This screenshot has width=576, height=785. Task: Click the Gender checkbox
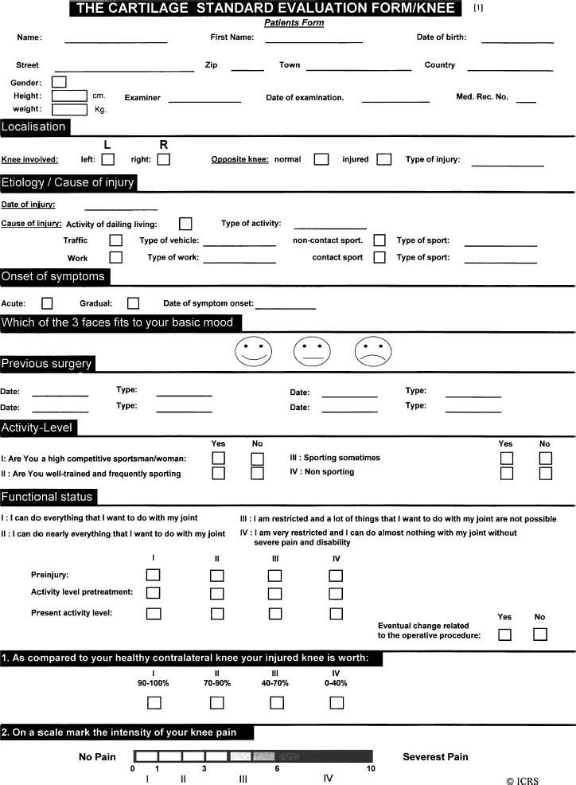pyautogui.click(x=59, y=81)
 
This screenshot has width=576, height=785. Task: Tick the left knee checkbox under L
pyautogui.click(x=108, y=159)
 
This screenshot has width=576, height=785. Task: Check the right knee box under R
pyautogui.click(x=164, y=159)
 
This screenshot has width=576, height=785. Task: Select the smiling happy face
pyautogui.click(x=253, y=352)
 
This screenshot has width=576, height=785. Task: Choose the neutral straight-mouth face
pyautogui.click(x=312, y=352)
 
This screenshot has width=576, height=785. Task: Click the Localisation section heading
pyautogui.click(x=34, y=127)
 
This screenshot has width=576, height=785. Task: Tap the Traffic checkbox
pyautogui.click(x=116, y=240)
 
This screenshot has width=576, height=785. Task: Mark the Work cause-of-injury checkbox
pyautogui.click(x=116, y=257)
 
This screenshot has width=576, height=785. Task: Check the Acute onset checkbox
pyautogui.click(x=47, y=303)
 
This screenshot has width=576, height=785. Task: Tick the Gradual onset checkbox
pyautogui.click(x=133, y=303)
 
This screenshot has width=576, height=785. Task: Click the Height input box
pyautogui.click(x=69, y=96)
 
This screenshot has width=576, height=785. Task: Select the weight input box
pyautogui.click(x=69, y=109)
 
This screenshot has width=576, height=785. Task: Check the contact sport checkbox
pyautogui.click(x=379, y=257)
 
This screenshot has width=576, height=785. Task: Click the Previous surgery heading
pyautogui.click(x=47, y=364)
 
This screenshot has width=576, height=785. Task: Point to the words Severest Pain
pyautogui.click(x=435, y=756)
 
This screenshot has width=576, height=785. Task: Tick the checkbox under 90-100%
pyautogui.click(x=154, y=702)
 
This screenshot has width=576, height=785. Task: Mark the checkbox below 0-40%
pyautogui.click(x=337, y=702)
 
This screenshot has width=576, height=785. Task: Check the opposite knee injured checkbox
pyautogui.click(x=384, y=159)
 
